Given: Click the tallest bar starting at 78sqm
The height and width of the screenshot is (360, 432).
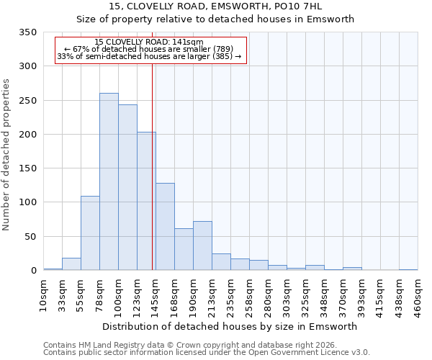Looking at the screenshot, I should (109, 181).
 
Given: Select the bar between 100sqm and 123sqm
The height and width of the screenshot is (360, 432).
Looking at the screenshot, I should (127, 187).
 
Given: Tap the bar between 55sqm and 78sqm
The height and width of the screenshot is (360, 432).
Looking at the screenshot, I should (90, 233).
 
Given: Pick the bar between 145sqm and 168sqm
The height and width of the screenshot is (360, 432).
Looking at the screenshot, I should (165, 226).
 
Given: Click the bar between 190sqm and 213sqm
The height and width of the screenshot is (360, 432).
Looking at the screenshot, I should (202, 246).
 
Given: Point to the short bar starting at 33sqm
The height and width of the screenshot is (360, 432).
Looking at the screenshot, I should (71, 264).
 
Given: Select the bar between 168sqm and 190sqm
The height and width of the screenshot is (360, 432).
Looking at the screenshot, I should (184, 249).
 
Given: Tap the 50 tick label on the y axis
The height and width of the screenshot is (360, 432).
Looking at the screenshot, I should (30, 237).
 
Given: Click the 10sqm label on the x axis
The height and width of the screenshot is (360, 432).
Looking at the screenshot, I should (44, 293).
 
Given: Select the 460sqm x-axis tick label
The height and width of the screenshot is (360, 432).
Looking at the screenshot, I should (418, 295).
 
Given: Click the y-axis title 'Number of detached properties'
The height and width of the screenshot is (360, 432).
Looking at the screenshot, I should (6, 155).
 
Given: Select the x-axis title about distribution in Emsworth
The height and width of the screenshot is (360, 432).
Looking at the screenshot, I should (230, 326).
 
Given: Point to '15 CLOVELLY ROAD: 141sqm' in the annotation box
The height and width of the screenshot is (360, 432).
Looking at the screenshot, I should (149, 42).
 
